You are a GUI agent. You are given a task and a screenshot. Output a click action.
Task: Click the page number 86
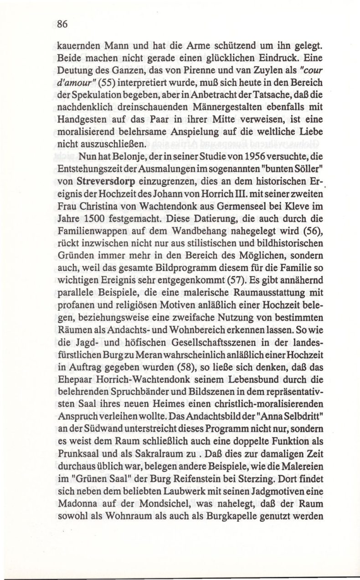[x=62, y=26]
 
